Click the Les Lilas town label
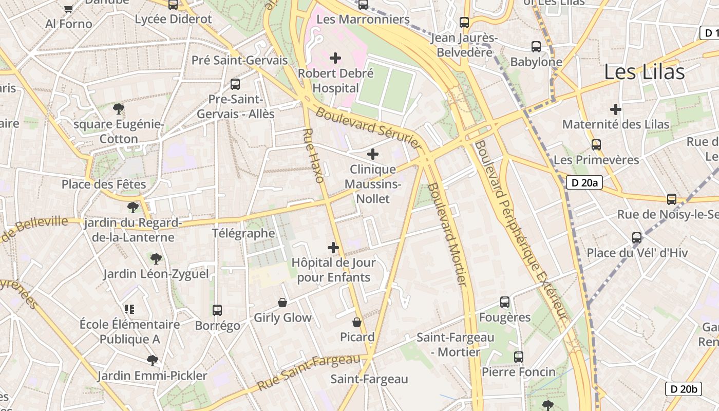coord(644,72)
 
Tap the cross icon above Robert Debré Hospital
coord(335,58)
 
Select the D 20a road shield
coord(584,182)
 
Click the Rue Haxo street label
coord(313,156)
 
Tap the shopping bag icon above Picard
coord(357,322)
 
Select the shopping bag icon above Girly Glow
coord(282,303)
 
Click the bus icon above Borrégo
coord(217,310)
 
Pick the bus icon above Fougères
coord(505,302)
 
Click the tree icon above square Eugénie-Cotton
coord(119,109)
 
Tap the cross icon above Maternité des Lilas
coord(616,109)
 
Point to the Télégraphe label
coord(243,233)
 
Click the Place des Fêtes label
coord(104,184)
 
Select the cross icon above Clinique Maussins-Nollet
coord(373,154)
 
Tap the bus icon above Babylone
coord(536,47)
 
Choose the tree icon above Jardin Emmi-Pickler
coord(152,361)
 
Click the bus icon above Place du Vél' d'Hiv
coord(637,237)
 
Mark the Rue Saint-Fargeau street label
coord(308,372)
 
